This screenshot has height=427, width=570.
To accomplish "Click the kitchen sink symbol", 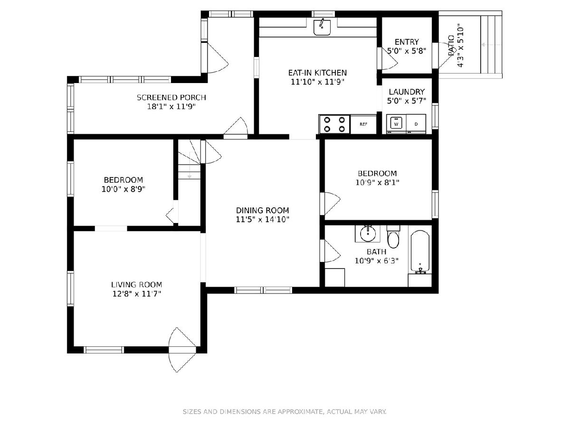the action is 322,27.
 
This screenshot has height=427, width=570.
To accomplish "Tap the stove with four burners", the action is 334,124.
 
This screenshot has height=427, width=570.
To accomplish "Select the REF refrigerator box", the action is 363,124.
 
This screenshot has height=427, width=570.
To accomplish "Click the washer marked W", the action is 396,124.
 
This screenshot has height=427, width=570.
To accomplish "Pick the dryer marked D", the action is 416,124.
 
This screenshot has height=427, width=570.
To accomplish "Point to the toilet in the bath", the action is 393,237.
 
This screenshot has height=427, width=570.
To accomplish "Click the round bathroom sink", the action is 368,233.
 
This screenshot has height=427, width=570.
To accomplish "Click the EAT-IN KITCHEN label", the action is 317,73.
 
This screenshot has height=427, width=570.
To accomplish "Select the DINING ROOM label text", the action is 262,210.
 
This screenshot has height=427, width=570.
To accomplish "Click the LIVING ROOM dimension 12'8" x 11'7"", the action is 137,294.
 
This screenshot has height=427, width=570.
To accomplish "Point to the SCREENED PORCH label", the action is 171,97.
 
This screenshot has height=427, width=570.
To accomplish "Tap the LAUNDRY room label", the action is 407,92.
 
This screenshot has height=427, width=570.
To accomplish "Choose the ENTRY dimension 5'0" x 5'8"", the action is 407,51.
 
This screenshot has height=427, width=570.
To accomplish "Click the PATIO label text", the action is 452,46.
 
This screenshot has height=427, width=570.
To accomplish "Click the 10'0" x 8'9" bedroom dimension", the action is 123,189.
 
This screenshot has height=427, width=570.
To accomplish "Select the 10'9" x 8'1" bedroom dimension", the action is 377,183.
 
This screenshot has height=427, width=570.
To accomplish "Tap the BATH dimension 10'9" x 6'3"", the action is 377,260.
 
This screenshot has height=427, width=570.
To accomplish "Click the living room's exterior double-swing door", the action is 182,350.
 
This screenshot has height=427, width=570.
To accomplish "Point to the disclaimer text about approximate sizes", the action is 285,411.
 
